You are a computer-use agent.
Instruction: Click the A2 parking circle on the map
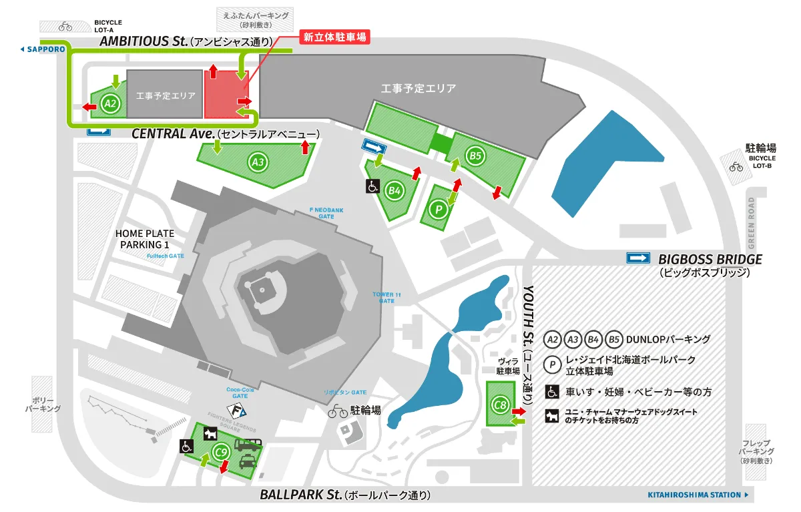click(111, 103)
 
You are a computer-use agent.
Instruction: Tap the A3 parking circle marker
click(258, 161)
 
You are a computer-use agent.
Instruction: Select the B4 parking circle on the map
click(394, 190)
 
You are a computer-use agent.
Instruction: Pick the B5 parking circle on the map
click(475, 156)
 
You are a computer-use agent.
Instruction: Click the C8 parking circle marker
click(501, 404)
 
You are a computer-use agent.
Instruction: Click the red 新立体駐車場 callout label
click(334, 37)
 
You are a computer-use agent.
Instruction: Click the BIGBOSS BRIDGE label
click(710, 260)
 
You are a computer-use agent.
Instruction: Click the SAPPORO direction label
click(43, 49)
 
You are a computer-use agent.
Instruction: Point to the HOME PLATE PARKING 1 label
click(145, 239)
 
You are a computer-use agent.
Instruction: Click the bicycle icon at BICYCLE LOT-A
click(65, 27)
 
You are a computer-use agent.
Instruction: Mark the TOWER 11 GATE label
click(386, 297)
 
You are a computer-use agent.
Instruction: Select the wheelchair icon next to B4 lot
click(371, 186)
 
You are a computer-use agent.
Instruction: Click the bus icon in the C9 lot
click(247, 444)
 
